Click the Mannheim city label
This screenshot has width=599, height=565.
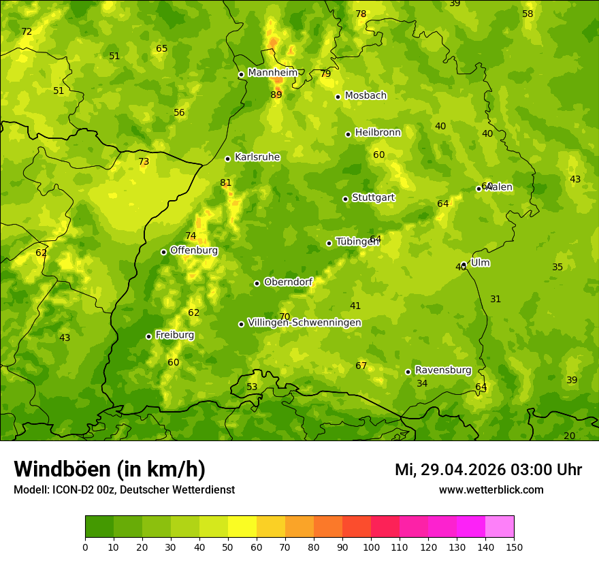click(x=272, y=73)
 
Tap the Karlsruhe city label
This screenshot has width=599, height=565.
click(x=257, y=157)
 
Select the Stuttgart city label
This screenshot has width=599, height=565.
click(x=373, y=197)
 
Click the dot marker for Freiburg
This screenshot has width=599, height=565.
click(x=148, y=336)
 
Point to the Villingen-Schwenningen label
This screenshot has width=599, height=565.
click(x=304, y=323)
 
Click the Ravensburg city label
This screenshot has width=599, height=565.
click(x=442, y=370)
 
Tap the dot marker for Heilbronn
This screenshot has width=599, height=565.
click(x=348, y=134)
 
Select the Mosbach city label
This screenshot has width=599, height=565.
click(x=365, y=96)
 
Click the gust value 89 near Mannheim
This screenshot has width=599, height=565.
click(x=276, y=95)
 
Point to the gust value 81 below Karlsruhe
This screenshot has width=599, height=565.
click(x=225, y=182)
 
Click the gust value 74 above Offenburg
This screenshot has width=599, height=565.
click(x=191, y=236)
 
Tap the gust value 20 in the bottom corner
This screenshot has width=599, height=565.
click(x=569, y=436)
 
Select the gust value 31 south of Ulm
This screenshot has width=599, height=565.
click(x=496, y=299)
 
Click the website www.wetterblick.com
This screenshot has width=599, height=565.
click(x=491, y=489)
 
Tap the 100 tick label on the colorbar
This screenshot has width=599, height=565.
click(x=371, y=547)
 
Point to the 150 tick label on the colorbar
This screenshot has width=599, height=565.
click(x=513, y=547)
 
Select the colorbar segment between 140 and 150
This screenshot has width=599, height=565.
click(x=500, y=527)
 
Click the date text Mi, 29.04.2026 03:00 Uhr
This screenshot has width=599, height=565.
click(x=488, y=470)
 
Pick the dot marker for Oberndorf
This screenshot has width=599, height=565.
click(x=257, y=283)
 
